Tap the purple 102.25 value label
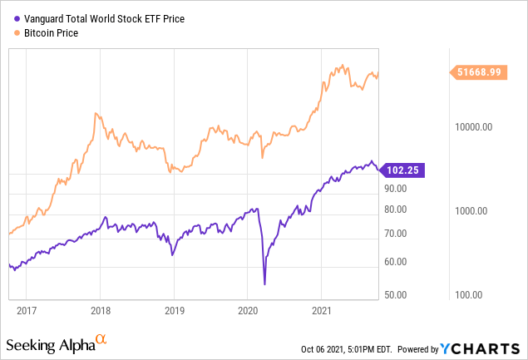[399, 170]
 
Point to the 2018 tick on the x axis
[100, 311]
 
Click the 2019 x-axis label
[174, 311]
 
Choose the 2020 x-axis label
[248, 311]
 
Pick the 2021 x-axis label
[322, 311]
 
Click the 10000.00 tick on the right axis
[474, 127]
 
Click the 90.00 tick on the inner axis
[396, 189]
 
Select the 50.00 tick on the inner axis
[396, 294]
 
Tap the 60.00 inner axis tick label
[396, 261]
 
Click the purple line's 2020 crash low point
[264, 284]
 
